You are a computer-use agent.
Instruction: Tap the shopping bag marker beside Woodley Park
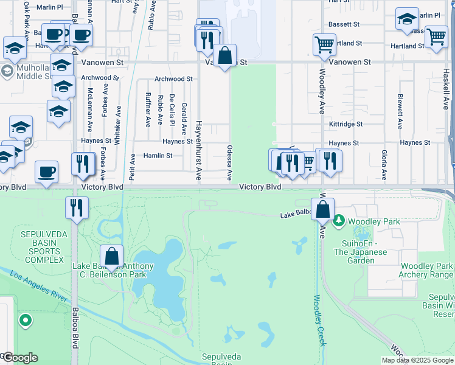[324, 209]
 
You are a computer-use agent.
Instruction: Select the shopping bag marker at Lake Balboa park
[112, 256]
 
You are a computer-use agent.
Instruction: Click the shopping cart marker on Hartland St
[436, 36]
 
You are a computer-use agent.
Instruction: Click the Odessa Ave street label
[229, 162]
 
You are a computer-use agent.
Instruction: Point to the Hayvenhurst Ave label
[198, 149]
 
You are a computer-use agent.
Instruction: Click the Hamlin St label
[158, 156]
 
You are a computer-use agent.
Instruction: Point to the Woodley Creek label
[321, 321]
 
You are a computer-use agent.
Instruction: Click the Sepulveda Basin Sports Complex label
[42, 247]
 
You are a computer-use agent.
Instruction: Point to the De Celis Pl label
[172, 109]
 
